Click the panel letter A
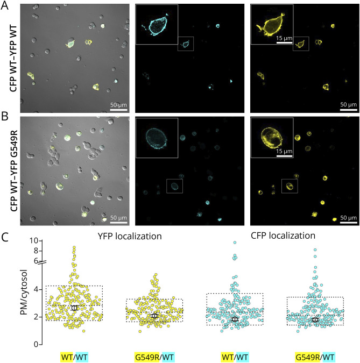coord(6,5)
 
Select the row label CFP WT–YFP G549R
coord(9,170)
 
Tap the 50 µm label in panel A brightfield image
coord(119,98)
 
